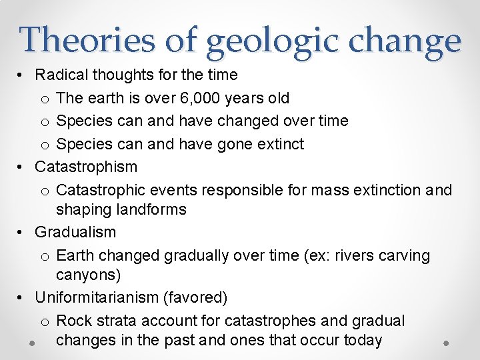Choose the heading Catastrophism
(86, 167)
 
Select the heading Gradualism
(75, 232)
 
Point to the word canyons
(86, 275)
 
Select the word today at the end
(360, 340)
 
